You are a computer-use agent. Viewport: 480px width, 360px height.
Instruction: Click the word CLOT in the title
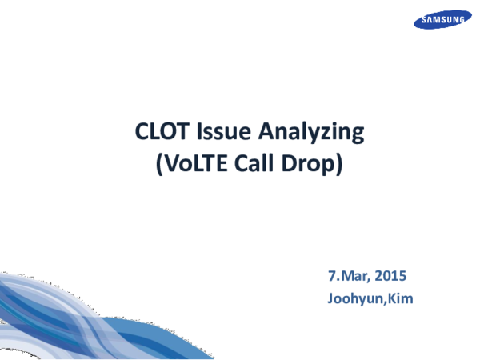click(158, 132)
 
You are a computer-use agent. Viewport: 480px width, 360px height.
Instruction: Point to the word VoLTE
click(191, 164)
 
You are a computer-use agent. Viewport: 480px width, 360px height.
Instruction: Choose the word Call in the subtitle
click(257, 164)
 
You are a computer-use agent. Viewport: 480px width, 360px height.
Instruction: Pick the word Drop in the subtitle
click(310, 165)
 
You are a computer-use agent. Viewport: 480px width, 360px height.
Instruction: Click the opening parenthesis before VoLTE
click(157, 165)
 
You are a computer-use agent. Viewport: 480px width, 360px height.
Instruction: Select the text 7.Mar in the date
click(346, 277)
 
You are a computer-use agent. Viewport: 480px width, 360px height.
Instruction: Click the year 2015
click(391, 277)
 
